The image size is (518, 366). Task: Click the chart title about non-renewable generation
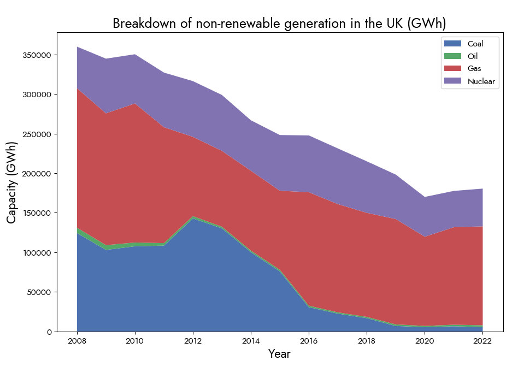[279, 23]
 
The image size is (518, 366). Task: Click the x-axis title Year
[279, 354]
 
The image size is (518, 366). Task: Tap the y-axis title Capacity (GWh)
[12, 182]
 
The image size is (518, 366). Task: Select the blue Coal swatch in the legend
[452, 44]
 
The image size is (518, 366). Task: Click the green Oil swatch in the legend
[452, 56]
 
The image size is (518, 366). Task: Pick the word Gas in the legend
[474, 69]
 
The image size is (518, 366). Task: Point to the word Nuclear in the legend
[481, 81]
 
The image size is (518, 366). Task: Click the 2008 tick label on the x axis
[77, 341]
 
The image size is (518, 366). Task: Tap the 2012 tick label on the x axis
[193, 341]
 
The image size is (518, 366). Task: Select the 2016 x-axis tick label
[309, 341]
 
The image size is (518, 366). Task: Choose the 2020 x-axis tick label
[425, 341]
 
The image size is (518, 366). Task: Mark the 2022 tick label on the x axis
[482, 341]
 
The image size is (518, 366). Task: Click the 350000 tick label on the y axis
[37, 55]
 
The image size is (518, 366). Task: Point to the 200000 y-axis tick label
[37, 174]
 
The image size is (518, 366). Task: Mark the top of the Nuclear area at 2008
[77, 47]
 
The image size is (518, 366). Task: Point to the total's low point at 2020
[425, 197]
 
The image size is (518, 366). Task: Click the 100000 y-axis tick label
[37, 253]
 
